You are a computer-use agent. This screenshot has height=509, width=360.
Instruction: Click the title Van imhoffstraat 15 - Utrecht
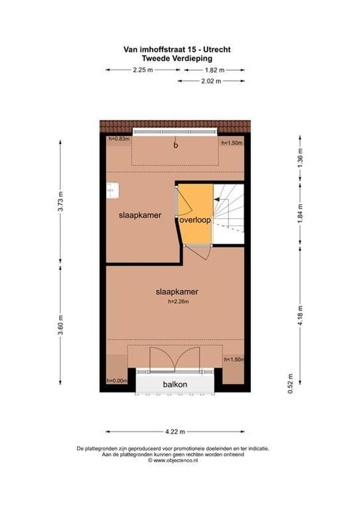177,49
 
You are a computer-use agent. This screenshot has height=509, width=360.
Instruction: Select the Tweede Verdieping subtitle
177,58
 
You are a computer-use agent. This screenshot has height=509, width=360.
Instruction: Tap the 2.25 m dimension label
142,70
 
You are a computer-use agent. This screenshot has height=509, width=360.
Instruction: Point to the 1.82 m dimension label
214,70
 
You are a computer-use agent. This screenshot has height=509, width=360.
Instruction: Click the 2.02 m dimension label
211,81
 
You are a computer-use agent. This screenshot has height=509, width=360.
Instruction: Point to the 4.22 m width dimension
175,431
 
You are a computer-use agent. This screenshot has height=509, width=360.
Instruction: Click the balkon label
175,385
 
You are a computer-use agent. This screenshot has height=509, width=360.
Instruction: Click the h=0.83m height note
119,139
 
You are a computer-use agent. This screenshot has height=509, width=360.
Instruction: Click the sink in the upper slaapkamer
112,190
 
